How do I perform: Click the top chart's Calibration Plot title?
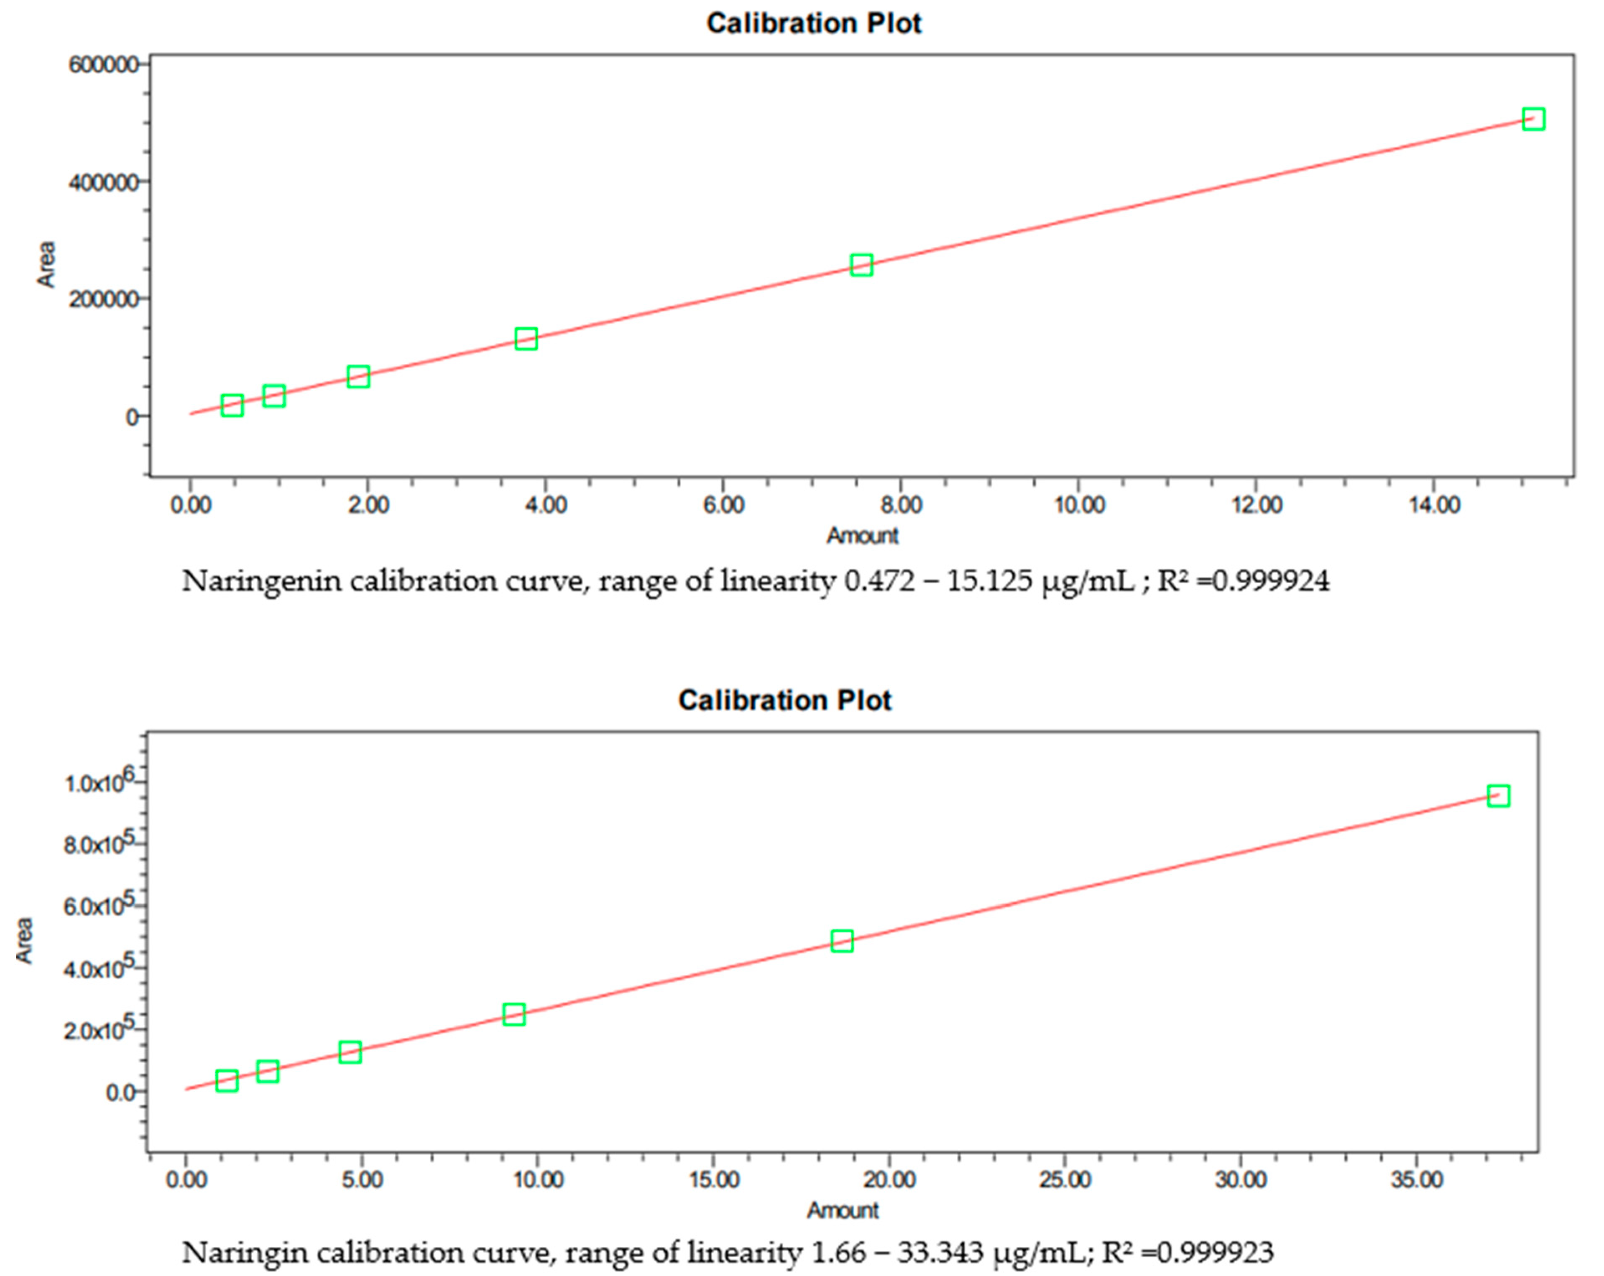click(x=813, y=23)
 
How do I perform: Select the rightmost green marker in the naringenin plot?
click(x=1533, y=119)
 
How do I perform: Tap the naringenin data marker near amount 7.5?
click(x=861, y=265)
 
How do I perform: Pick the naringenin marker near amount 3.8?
click(x=526, y=339)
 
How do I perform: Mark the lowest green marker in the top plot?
click(x=232, y=406)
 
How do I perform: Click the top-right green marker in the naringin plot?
click(x=1498, y=796)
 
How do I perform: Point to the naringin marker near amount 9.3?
click(x=513, y=1014)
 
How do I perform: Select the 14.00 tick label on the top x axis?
click(x=1434, y=505)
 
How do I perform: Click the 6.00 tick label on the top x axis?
click(x=723, y=505)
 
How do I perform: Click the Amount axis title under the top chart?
click(x=862, y=536)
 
